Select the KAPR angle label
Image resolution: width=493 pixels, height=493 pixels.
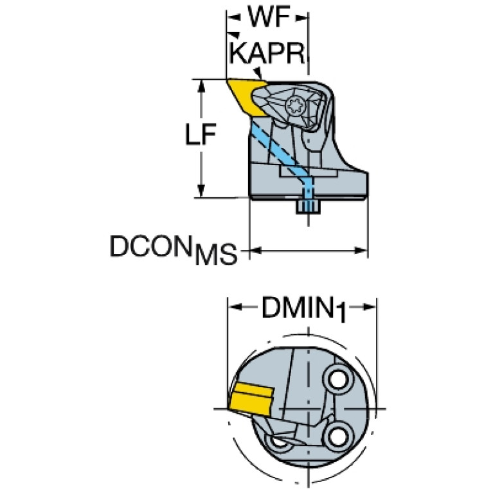point(267,53)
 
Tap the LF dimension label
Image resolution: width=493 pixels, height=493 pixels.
point(201,134)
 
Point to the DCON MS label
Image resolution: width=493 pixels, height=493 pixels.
point(174,250)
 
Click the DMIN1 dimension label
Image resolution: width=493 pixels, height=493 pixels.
point(303,308)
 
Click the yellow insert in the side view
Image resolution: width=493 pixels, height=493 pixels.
point(245,96)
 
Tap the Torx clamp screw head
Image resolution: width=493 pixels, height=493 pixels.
point(296,109)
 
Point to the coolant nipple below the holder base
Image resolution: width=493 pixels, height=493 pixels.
point(308,206)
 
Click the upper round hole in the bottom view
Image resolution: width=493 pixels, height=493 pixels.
point(338,380)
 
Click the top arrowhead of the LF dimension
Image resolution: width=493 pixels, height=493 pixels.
point(201,87)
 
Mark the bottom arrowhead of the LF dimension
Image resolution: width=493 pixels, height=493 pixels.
point(201,190)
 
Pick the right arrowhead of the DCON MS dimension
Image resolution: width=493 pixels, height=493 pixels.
point(361,251)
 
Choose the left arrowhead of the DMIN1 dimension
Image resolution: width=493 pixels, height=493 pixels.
point(235,307)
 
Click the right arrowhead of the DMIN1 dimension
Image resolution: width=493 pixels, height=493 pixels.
point(369,307)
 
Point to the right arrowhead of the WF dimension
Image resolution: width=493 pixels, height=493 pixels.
point(301,18)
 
